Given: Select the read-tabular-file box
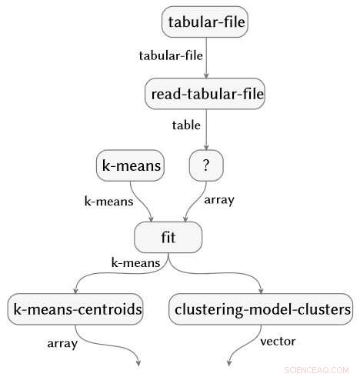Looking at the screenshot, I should tap(205, 94).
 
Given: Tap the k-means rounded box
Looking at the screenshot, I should tap(130, 165).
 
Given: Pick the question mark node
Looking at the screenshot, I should tap(205, 165).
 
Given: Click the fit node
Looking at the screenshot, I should tap(168, 237).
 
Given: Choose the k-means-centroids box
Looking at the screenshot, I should tap(76, 309).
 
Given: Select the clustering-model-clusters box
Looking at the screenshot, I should tap(262, 309).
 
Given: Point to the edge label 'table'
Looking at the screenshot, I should tap(186, 125).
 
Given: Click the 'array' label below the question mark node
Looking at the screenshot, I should tap(218, 199).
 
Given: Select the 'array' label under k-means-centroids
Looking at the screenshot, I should tap(63, 343).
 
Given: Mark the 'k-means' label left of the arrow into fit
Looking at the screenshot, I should tap(108, 201).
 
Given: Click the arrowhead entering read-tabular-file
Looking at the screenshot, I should tap(205, 75).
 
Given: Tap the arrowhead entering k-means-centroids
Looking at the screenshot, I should tap(76, 291).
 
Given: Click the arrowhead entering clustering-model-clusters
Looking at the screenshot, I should tap(262, 291).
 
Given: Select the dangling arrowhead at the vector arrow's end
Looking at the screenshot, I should tap(230, 360).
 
